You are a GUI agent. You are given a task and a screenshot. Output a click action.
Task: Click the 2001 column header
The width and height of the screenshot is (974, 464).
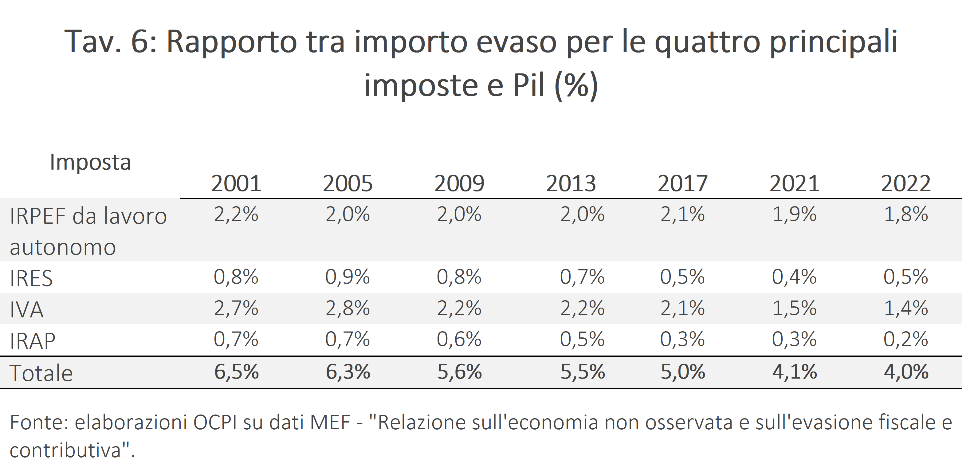pos(236,184)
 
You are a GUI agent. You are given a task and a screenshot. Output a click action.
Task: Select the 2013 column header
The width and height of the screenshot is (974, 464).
pos(571,184)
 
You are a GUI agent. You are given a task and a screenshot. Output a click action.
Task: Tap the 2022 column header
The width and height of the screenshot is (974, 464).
pos(905,184)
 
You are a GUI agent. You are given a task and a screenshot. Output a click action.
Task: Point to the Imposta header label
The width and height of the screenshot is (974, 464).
pos(90,162)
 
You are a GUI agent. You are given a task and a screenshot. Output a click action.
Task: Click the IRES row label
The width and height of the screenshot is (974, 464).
pos(31,278)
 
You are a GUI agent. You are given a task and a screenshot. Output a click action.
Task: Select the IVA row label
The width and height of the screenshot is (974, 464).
pos(26,309)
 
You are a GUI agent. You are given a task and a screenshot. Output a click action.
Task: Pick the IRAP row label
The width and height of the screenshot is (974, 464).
pos(33,341)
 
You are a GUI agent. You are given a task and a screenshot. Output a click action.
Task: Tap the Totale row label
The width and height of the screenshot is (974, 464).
pos(41,373)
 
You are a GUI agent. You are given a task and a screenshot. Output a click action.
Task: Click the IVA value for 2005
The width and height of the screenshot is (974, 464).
pos(348,308)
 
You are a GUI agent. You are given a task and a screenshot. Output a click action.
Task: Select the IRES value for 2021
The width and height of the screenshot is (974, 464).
pos(794,277)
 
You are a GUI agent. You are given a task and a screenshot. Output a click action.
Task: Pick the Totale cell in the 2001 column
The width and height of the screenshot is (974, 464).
pos(236,372)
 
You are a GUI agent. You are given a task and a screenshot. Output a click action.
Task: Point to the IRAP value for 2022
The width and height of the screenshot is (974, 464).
pos(905,339)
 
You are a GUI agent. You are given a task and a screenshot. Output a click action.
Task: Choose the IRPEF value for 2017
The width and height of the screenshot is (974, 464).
pos(682,214)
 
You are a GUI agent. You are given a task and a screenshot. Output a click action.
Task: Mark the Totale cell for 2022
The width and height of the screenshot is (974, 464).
pos(906,372)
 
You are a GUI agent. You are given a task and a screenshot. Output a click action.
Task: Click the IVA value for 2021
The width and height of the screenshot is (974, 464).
pos(794,308)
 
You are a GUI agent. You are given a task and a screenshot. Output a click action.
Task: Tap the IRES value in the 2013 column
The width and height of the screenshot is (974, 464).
pos(582,277)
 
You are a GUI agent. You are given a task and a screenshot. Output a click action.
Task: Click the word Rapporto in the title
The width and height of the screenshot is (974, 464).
pos(231,41)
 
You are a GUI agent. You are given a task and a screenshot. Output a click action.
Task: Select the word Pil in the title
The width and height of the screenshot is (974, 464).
pos(528,85)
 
